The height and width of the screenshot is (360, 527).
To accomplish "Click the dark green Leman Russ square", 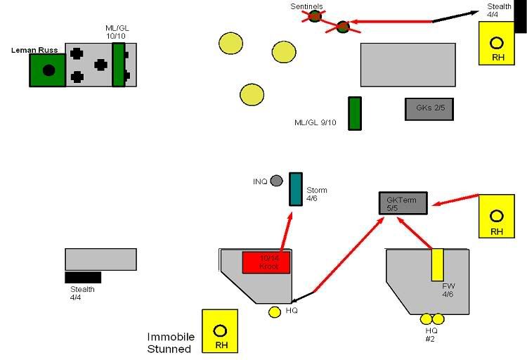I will click(x=48, y=70).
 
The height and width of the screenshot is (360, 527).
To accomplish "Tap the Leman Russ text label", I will click(x=34, y=50).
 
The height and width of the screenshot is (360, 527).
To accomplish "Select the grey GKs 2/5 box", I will click(x=429, y=109).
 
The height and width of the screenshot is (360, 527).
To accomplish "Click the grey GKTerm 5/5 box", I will click(x=402, y=202).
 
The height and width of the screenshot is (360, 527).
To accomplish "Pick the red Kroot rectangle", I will click(x=266, y=262).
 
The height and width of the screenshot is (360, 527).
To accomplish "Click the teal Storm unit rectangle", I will click(x=295, y=189).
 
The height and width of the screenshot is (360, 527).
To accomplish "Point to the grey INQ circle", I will click(x=277, y=181).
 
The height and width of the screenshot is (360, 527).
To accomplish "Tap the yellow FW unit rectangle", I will click(x=437, y=264).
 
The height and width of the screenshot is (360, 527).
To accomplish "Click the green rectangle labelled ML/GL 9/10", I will click(x=355, y=114).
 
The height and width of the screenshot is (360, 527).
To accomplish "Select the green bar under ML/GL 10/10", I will click(x=118, y=65).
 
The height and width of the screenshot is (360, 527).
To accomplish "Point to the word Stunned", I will click(x=169, y=349).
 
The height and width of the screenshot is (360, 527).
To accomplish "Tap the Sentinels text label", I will click(x=308, y=6).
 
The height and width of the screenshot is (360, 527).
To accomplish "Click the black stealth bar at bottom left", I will click(x=83, y=277).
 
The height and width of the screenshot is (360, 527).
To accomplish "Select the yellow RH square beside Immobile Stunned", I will click(x=220, y=331).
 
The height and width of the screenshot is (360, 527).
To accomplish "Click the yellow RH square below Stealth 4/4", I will click(x=497, y=43).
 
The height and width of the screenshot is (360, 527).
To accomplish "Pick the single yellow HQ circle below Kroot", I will click(x=275, y=312).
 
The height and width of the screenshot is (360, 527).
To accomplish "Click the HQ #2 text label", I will click(x=431, y=334).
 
